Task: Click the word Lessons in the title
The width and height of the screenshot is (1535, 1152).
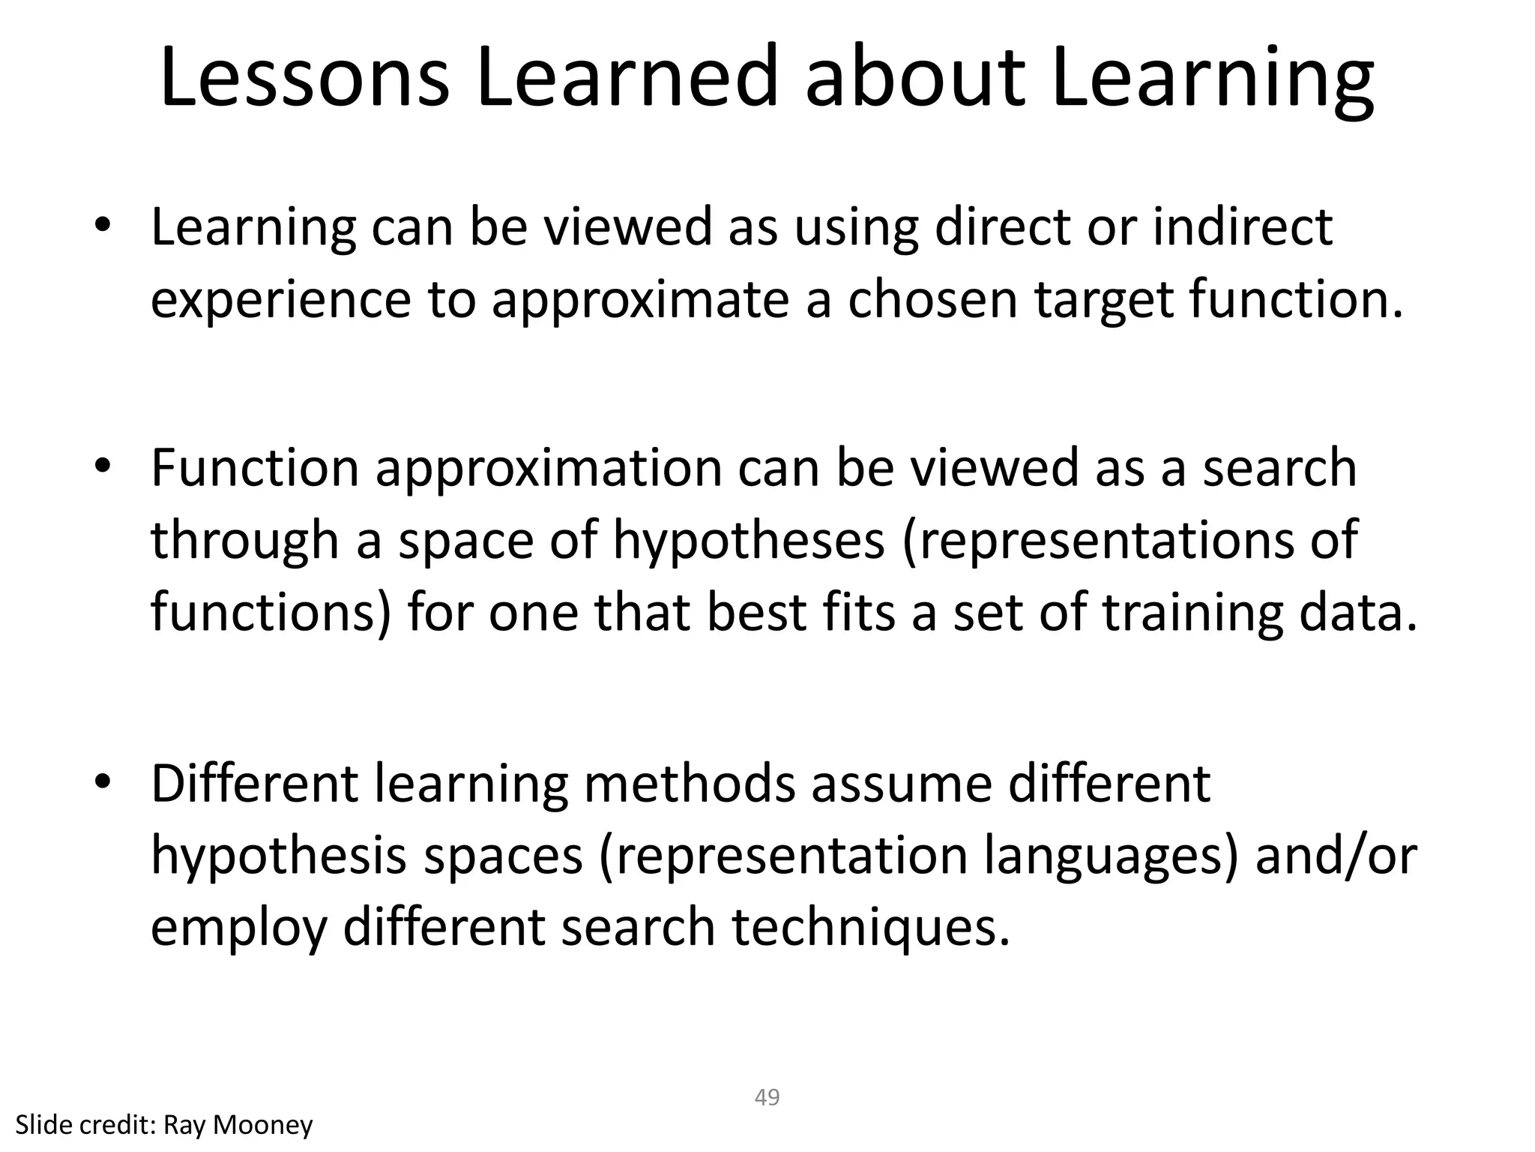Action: (x=305, y=77)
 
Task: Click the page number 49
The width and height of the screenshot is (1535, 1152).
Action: (x=767, y=1097)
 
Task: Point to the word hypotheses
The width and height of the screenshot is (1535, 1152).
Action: (x=749, y=541)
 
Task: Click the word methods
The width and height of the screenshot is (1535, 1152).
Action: (x=689, y=783)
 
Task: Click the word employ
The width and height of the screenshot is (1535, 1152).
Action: (x=239, y=928)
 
